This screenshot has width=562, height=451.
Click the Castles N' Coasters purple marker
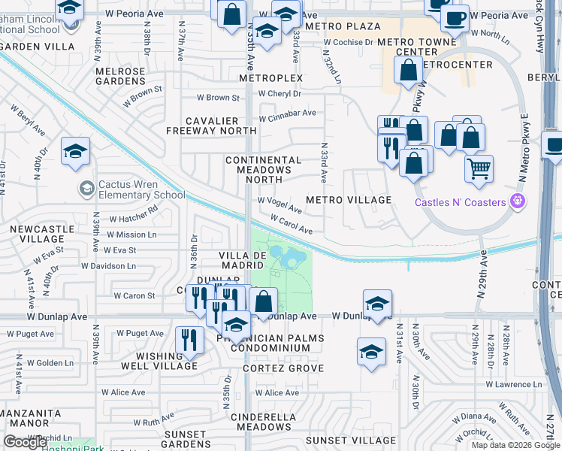point(515,201)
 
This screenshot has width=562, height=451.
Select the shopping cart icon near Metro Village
point(479,169)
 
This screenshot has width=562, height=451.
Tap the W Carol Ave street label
point(292,223)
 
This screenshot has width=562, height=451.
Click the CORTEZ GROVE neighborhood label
point(284,368)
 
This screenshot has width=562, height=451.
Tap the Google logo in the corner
point(25,442)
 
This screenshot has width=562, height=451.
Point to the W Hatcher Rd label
point(133,219)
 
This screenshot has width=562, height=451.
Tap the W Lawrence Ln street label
point(513,385)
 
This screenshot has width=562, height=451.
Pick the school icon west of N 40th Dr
point(75,153)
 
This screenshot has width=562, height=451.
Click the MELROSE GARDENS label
point(120,76)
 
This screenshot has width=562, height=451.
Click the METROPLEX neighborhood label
point(270,78)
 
